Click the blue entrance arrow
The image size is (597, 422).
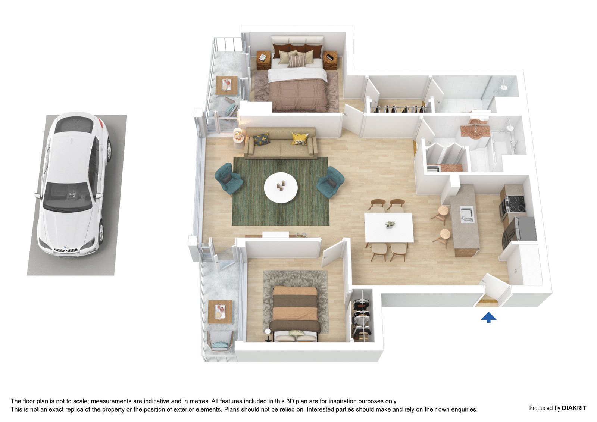click(x=488, y=318)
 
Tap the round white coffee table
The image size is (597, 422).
click(x=281, y=188)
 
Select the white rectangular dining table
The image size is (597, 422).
click(x=388, y=227)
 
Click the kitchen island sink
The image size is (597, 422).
click(x=467, y=215)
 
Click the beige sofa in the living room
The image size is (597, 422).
click(x=281, y=143)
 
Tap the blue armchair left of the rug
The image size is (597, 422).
click(x=228, y=179)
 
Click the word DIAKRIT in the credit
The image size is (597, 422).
click(x=574, y=408)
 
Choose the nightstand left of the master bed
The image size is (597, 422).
click(x=263, y=60)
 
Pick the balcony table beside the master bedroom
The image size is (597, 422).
click(x=226, y=85)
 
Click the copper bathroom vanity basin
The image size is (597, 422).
click(x=475, y=130)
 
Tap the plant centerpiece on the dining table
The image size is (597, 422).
click(x=390, y=224)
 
